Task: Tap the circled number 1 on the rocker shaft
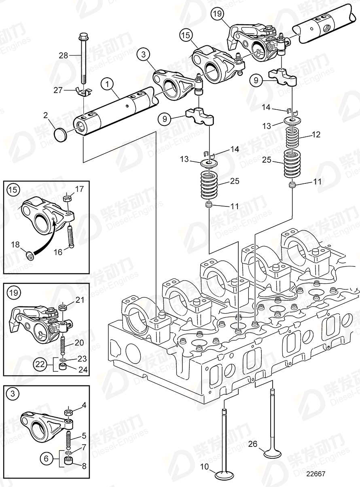tap(107, 85)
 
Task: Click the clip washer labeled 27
tap(84, 92)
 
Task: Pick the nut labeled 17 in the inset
tap(68, 199)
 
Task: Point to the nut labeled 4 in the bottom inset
tap(68, 414)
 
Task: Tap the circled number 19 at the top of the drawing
tap(218, 15)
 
